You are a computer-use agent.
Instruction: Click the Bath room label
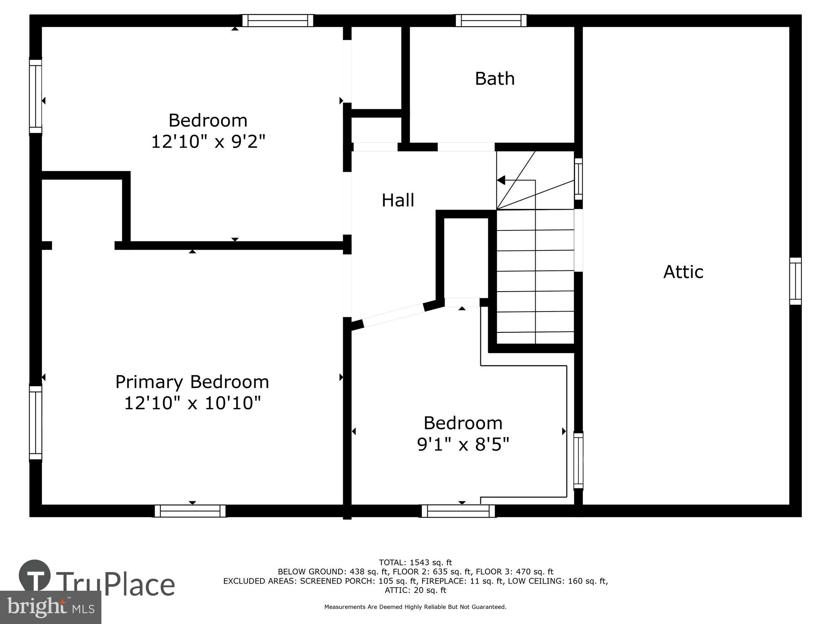[x=494, y=79]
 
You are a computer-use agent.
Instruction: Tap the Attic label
[x=683, y=272]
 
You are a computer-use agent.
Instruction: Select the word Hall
[x=398, y=200]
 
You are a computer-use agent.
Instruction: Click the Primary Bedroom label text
[x=192, y=382]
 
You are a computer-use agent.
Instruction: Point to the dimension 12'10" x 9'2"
[x=208, y=141]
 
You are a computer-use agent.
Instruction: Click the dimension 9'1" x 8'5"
[x=463, y=444]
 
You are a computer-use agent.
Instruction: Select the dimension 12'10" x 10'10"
[x=192, y=403]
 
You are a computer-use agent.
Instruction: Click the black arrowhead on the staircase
[x=501, y=180]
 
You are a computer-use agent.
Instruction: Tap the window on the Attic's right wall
[x=795, y=281]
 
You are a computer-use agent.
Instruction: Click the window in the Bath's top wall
[x=491, y=20]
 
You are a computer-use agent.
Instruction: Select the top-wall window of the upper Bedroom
[x=278, y=20]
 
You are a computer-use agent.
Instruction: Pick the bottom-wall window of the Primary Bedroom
[x=190, y=511]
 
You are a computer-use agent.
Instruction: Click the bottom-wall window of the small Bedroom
[x=458, y=511]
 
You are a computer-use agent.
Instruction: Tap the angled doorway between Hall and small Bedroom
[x=393, y=316]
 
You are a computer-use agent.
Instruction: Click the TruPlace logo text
[x=115, y=584]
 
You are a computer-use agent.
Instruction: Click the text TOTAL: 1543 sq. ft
[x=415, y=563]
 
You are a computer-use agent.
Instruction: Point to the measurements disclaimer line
[x=415, y=607]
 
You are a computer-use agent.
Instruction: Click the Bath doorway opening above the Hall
[x=466, y=147]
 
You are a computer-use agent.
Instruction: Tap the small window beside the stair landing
[x=578, y=179]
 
